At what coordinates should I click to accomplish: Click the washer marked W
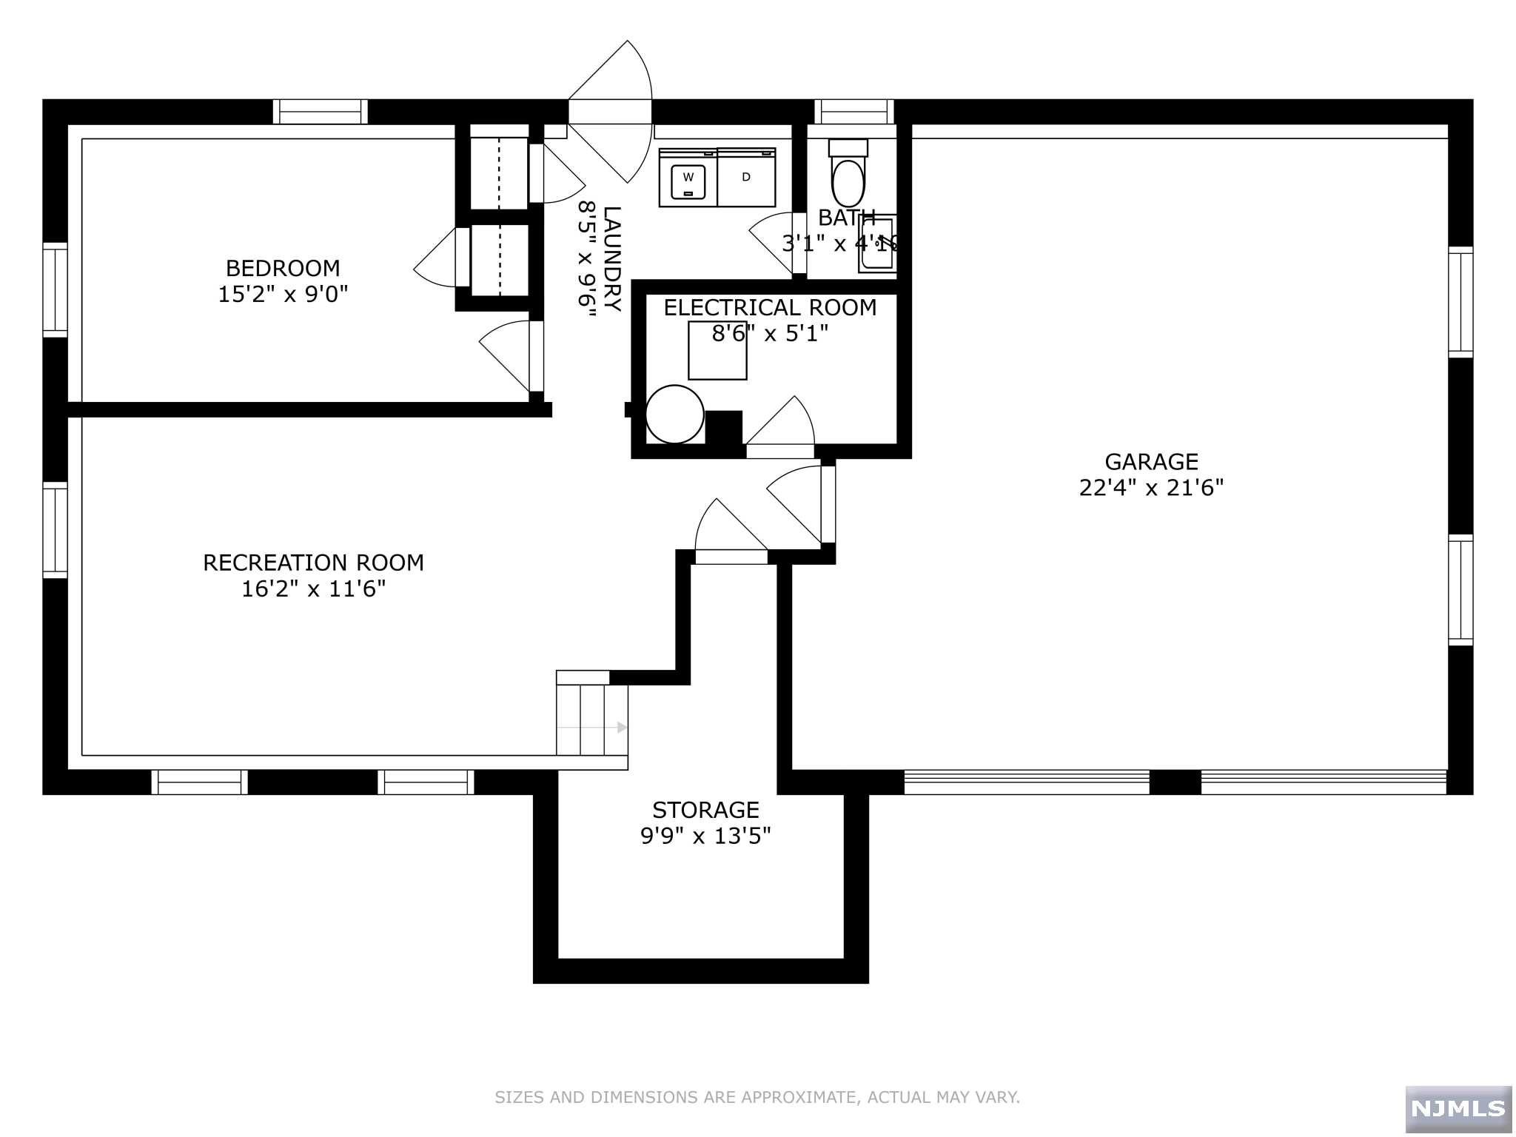pyautogui.click(x=688, y=177)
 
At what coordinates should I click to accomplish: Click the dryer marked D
pyautogui.click(x=746, y=177)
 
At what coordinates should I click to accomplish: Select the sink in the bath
pyautogui.click(x=878, y=244)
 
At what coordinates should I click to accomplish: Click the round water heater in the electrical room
pyautogui.click(x=674, y=415)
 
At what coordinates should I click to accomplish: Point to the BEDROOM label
pyautogui.click(x=283, y=268)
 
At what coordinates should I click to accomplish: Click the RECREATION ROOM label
pyautogui.click(x=314, y=563)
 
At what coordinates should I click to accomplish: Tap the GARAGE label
pyautogui.click(x=1151, y=462)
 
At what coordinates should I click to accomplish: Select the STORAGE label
pyautogui.click(x=705, y=810)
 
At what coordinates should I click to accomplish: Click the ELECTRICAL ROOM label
pyautogui.click(x=770, y=307)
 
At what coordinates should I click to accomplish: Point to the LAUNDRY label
pyautogui.click(x=612, y=259)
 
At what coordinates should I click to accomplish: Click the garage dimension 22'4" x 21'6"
pyautogui.click(x=1151, y=488)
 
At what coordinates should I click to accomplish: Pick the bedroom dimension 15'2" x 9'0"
pyautogui.click(x=283, y=294)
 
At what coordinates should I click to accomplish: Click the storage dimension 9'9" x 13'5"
pyautogui.click(x=705, y=836)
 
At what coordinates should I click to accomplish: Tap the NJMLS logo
pyautogui.click(x=1458, y=1108)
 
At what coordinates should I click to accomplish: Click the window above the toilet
pyautogui.click(x=854, y=112)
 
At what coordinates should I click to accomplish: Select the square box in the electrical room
pyautogui.click(x=717, y=350)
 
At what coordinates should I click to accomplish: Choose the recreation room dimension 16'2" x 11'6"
pyautogui.click(x=314, y=589)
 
